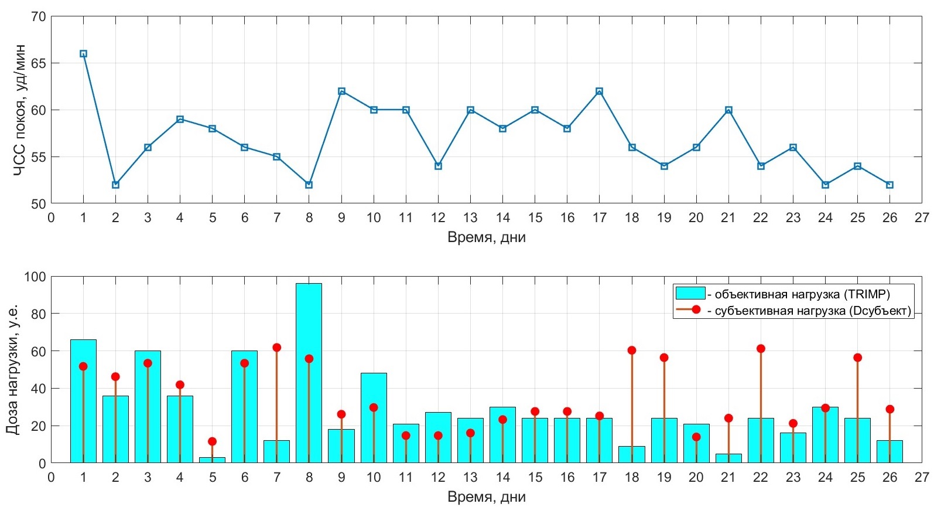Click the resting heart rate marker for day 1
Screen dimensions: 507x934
tap(83, 54)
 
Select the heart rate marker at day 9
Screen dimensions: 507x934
tap(341, 91)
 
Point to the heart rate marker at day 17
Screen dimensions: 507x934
tap(599, 91)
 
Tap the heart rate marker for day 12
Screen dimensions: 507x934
tap(438, 166)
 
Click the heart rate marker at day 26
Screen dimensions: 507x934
tap(889, 185)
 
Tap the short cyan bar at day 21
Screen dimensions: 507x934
tap(728, 458)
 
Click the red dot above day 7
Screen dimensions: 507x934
tap(277, 348)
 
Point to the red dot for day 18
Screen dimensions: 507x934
tap(632, 351)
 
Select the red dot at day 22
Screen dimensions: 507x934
tap(761, 349)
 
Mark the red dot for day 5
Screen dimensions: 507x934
tap(212, 441)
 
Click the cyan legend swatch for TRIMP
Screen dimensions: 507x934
tap(690, 293)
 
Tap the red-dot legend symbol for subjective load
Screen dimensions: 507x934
tap(696, 310)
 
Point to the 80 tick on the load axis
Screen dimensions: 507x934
tap(38, 314)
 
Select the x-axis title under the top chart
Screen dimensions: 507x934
tap(486, 237)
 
